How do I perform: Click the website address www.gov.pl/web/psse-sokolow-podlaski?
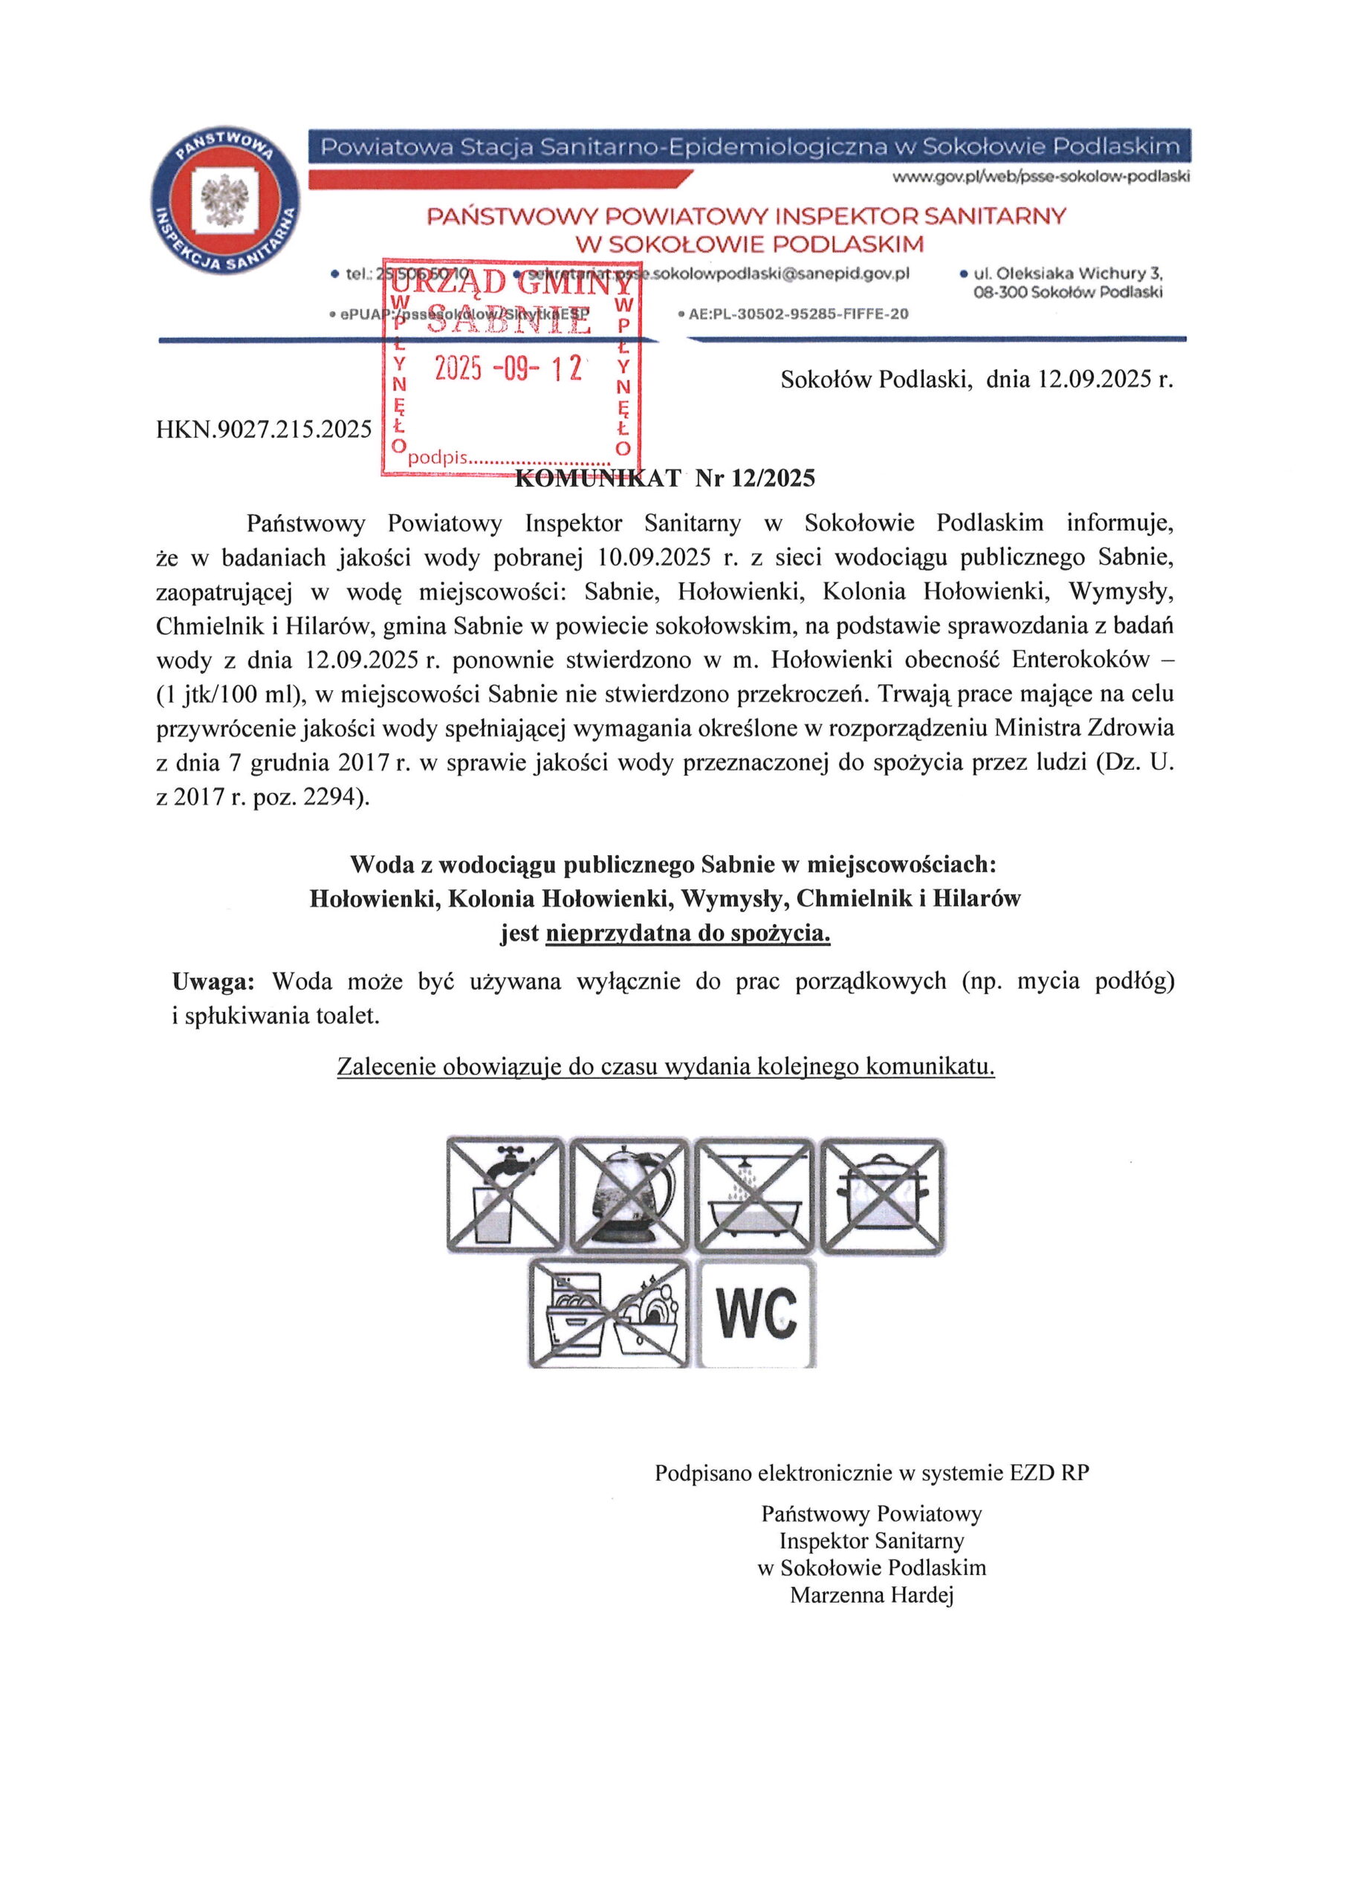(1040, 176)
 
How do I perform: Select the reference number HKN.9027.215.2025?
(264, 429)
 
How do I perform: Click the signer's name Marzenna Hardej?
(872, 1594)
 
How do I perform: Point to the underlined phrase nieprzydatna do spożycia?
(688, 934)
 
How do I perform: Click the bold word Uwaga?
(212, 981)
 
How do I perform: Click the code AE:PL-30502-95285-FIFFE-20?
(798, 314)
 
